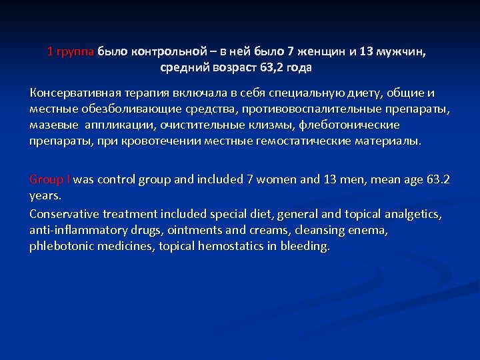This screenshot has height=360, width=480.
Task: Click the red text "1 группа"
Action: (71, 51)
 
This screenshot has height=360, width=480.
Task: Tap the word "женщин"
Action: (324, 51)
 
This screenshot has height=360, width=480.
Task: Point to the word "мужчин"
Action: (401, 51)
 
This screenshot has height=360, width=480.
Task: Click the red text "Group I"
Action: (50, 179)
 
